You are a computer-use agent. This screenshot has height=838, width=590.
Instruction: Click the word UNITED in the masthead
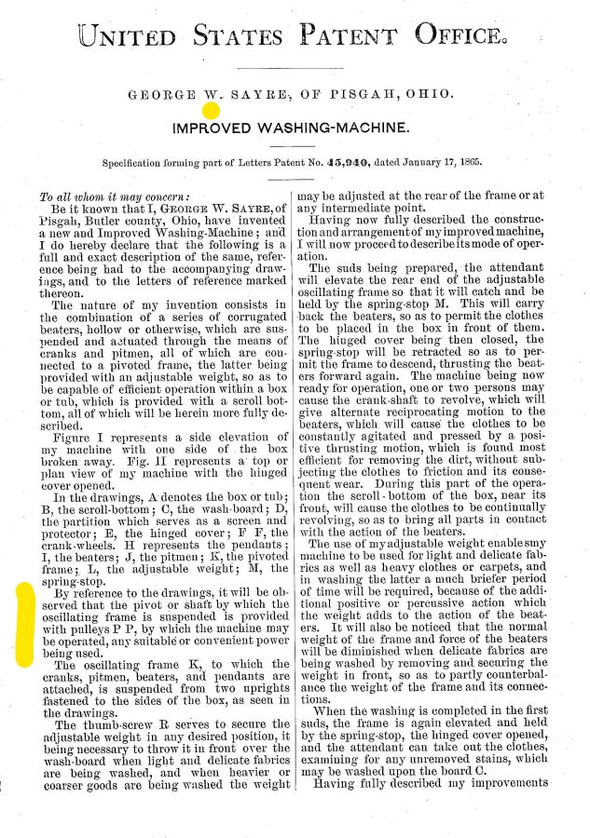pyautogui.click(x=127, y=36)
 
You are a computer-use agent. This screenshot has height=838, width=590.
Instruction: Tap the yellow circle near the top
pyautogui.click(x=212, y=111)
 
